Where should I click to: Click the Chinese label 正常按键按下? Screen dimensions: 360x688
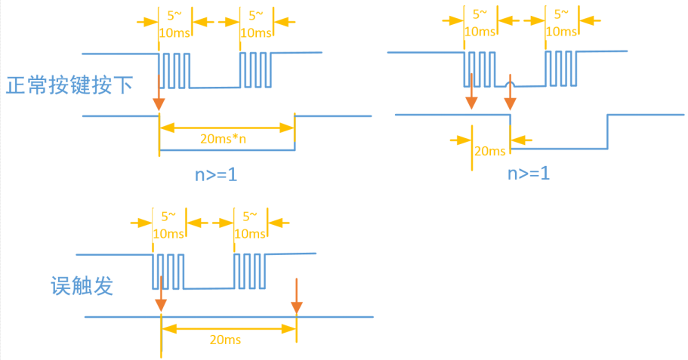[x=69, y=85]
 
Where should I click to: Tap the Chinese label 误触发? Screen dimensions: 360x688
[x=82, y=286]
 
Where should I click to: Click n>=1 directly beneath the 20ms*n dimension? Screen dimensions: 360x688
[x=217, y=176]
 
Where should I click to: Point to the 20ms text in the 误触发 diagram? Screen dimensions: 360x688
[x=225, y=340]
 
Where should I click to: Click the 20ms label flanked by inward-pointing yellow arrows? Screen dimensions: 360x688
[x=489, y=151]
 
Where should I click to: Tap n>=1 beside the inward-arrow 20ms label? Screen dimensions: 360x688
[x=528, y=173]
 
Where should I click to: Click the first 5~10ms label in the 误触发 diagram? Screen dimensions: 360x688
[x=168, y=224]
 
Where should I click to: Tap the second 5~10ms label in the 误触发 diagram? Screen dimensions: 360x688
[x=250, y=224]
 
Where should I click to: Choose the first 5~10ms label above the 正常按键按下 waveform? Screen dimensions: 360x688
[x=174, y=23]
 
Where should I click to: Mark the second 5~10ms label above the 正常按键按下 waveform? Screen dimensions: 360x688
[x=256, y=23]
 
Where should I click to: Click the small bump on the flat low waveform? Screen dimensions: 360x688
[x=511, y=79]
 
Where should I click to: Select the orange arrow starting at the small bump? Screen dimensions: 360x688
[x=511, y=94]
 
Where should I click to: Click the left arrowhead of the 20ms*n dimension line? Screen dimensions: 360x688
[x=163, y=125]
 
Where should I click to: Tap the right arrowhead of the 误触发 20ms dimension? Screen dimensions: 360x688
[x=292, y=328]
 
